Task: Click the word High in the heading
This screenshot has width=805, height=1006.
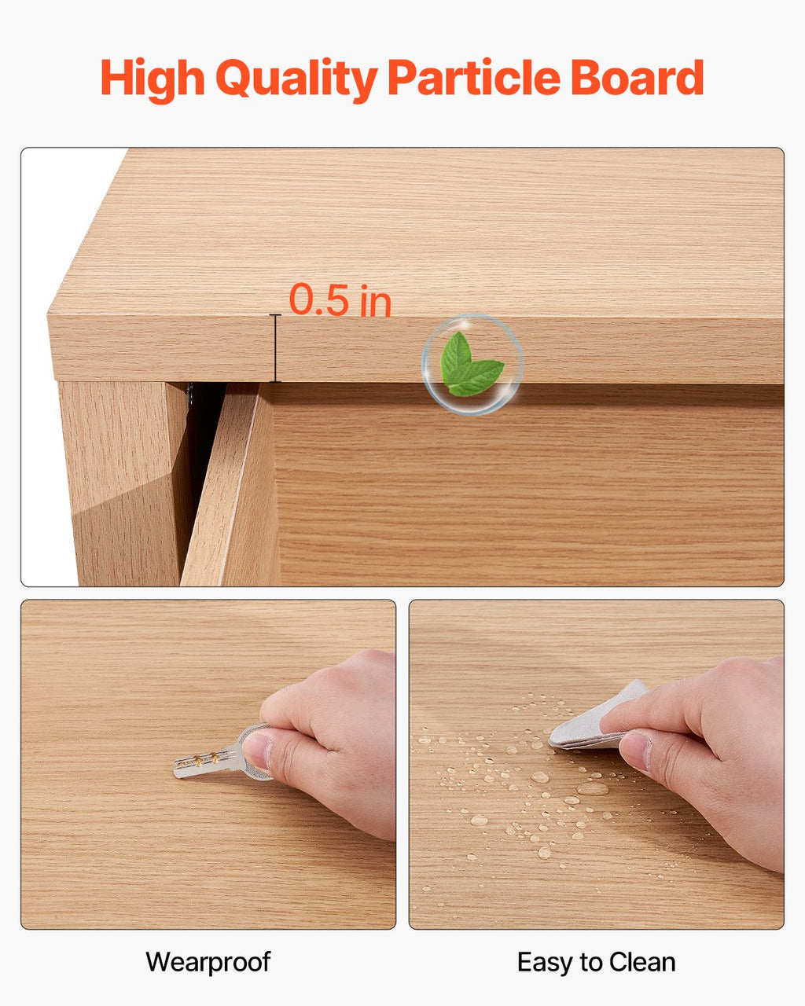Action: tap(153, 79)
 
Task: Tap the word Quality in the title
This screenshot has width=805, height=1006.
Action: tap(296, 79)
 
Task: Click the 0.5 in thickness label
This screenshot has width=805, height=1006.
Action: tap(340, 299)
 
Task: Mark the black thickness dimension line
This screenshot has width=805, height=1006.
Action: tap(275, 348)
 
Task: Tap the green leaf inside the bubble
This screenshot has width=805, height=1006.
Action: tap(472, 364)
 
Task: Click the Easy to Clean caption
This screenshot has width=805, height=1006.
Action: tap(597, 963)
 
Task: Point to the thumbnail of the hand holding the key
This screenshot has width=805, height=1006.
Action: tap(208, 764)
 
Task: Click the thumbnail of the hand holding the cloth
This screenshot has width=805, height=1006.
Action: tap(597, 764)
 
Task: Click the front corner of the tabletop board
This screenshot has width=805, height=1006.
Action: tap(48, 314)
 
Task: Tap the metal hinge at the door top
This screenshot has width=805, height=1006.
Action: tap(190, 393)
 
